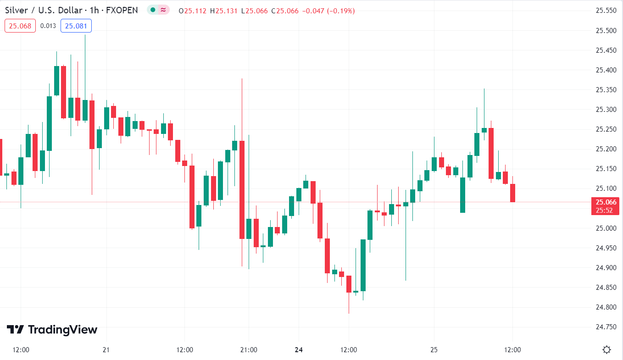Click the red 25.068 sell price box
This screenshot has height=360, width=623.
click(20, 26)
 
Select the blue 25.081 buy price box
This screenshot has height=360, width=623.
click(76, 26)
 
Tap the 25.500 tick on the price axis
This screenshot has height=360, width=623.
click(605, 31)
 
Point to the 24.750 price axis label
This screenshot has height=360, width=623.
click(605, 327)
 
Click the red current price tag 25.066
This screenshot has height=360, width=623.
click(606, 202)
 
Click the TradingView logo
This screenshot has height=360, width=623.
click(52, 330)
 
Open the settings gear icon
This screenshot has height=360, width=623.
click(606, 350)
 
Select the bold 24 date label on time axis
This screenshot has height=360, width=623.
click(299, 350)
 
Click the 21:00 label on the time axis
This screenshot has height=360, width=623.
click(248, 350)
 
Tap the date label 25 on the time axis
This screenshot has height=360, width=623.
click(434, 350)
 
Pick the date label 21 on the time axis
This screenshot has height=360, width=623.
click(106, 350)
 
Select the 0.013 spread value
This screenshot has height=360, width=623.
click(48, 26)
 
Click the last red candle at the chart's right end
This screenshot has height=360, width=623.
click(512, 193)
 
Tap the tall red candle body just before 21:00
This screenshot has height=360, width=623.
click(242, 189)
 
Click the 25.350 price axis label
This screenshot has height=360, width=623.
click(605, 90)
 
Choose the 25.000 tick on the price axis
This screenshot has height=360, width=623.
click(605, 228)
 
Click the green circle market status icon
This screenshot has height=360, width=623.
click(153, 10)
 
